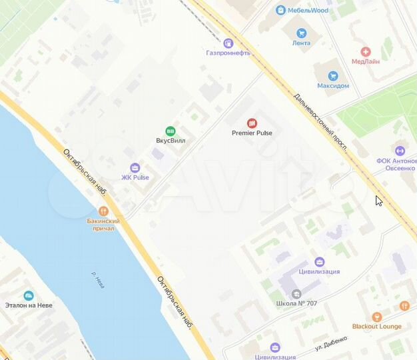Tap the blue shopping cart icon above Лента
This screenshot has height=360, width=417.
coord(301,32)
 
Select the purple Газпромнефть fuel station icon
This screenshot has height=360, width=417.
coord(229,42)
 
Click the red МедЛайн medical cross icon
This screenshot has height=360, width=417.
coord(365,51)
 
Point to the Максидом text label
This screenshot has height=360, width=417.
coord(333,86)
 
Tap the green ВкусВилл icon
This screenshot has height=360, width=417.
coord(171,131)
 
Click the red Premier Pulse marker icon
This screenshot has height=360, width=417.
coord(252,123)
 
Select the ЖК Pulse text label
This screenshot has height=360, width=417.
coord(135,177)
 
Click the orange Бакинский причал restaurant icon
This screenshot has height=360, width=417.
coord(103,210)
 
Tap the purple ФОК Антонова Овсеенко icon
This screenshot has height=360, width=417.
coord(400,151)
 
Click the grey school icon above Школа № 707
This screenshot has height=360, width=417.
coord(296,293)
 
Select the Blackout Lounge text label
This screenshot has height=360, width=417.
coord(377,327)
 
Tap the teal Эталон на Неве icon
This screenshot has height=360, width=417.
coord(29,295)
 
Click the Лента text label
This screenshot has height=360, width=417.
coord(301,43)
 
